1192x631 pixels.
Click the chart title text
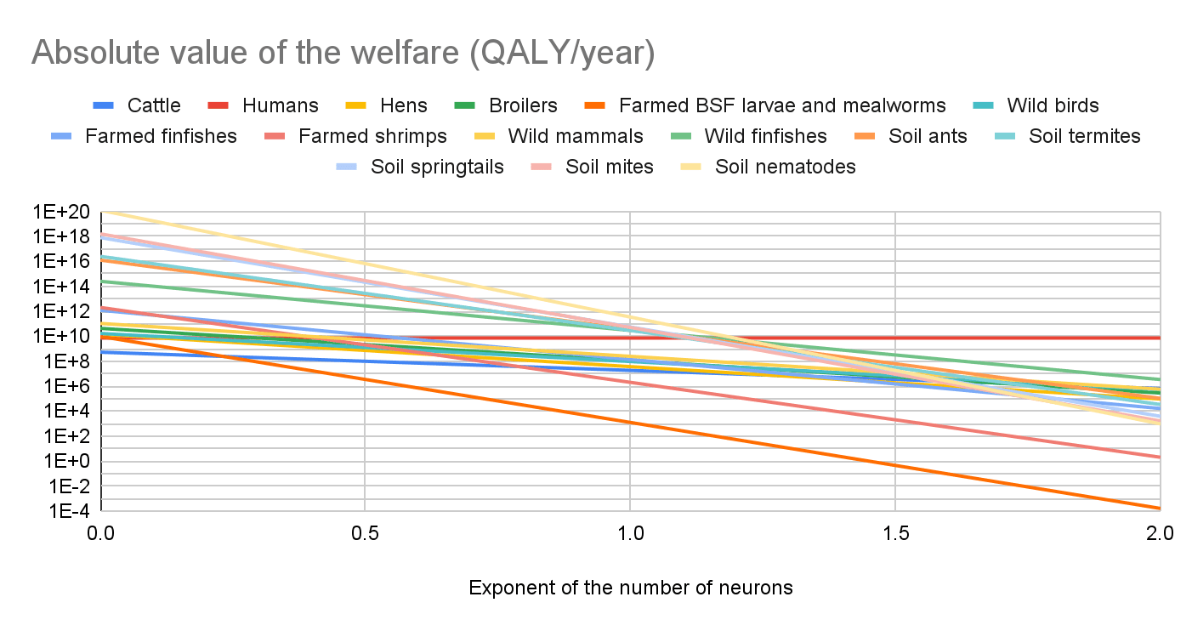pyautogui.click(x=343, y=53)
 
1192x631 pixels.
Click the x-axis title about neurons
pyautogui.click(x=630, y=588)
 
